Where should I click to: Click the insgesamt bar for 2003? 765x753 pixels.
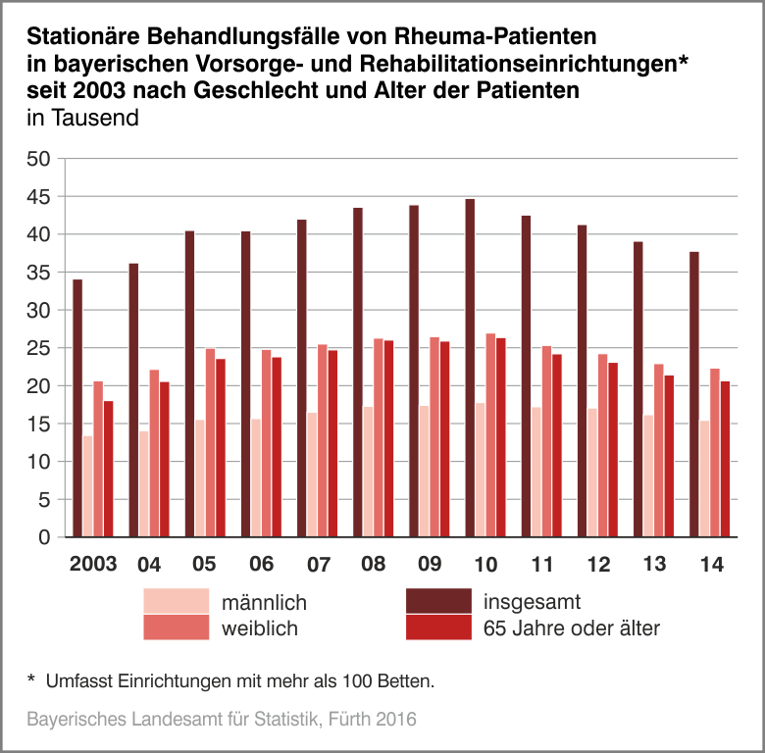pos(77,408)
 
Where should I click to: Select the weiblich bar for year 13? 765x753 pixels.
pos(659,450)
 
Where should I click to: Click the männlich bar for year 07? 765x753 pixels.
pos(312,475)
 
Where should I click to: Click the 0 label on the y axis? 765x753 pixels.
pos(43,537)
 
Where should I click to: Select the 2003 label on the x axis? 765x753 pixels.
pos(93,565)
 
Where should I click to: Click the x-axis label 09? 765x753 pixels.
pos(430,565)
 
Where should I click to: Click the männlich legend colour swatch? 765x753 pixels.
pos(177,599)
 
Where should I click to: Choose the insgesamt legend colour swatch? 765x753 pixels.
pos(438,599)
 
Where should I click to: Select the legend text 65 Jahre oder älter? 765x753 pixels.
pos(572,627)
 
